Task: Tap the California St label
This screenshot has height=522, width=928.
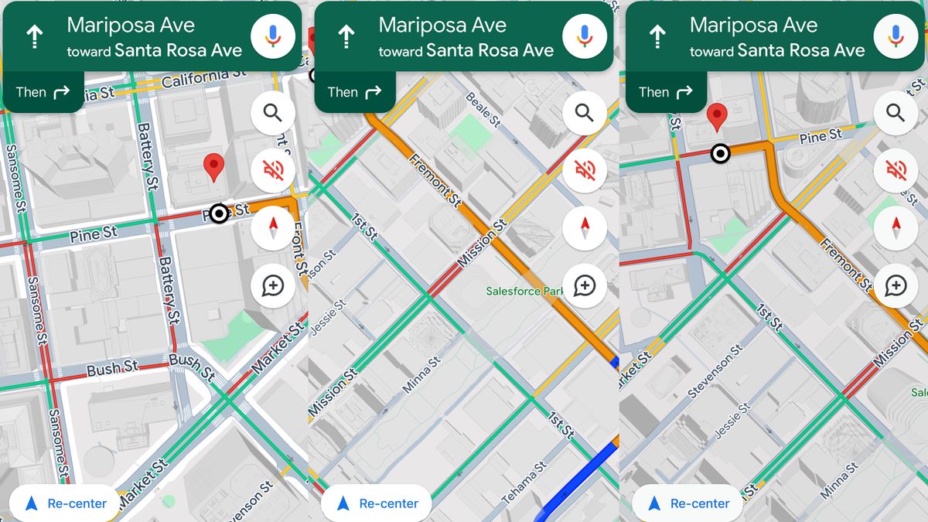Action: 204,78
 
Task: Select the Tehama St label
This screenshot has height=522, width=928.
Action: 525,481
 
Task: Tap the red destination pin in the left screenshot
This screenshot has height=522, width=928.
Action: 213,166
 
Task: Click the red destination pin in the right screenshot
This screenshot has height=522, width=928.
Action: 718,117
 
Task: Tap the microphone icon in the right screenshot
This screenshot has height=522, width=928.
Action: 896,36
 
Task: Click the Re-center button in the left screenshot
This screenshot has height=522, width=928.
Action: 65,503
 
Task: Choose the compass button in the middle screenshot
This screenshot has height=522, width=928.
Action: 585,227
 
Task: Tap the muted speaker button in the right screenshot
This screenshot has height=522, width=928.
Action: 896,169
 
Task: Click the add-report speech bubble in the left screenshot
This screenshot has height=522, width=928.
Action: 273,286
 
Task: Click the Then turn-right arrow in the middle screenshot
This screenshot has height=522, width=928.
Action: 373,93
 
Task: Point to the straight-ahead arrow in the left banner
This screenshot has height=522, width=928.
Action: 35,36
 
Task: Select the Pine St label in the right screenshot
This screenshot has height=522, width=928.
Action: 821,137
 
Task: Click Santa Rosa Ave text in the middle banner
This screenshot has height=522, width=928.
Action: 490,51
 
